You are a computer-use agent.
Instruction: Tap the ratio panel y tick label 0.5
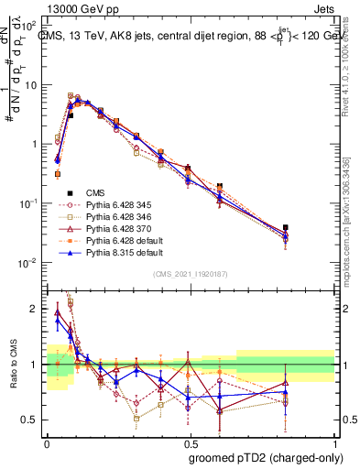tap(30, 420)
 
